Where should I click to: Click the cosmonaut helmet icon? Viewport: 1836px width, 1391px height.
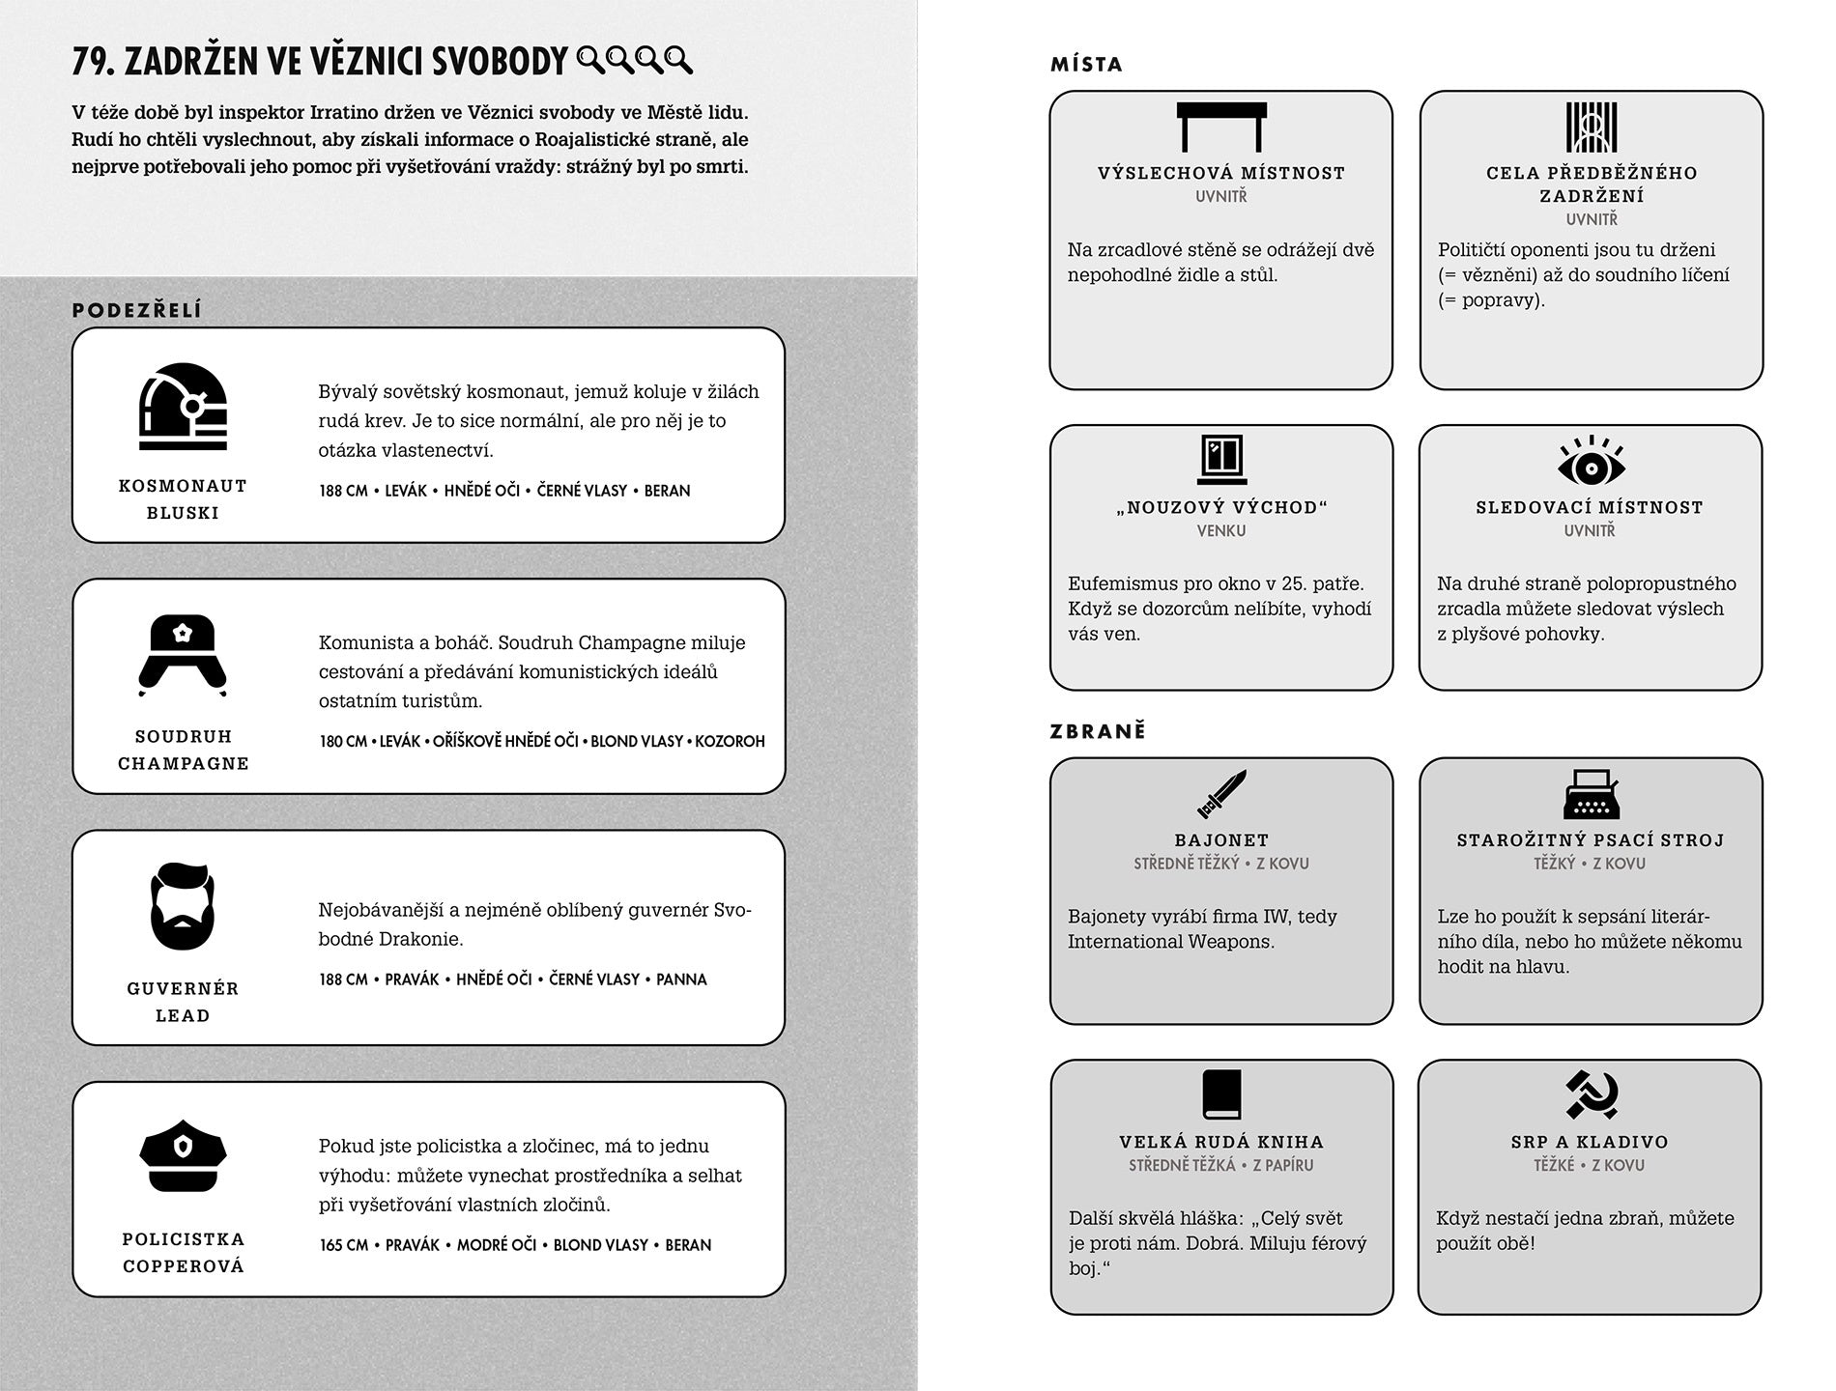click(183, 407)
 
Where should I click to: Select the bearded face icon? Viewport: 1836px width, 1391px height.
click(183, 906)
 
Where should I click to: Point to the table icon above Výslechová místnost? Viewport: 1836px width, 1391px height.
click(1221, 127)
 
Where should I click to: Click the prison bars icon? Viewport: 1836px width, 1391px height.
click(1591, 127)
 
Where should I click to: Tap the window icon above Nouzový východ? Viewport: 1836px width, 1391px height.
click(1221, 459)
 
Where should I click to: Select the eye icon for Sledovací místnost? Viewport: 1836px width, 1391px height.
click(1591, 462)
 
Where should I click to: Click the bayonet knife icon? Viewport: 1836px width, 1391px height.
click(1221, 794)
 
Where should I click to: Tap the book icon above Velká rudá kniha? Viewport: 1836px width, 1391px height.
click(1221, 1094)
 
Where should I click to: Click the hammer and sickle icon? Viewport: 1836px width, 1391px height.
click(1591, 1094)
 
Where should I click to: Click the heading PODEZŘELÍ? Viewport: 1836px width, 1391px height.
click(137, 310)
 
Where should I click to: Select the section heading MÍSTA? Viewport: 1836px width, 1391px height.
click(1087, 65)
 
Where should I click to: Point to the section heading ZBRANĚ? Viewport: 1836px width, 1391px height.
click(1098, 731)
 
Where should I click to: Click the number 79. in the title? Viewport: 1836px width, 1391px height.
click(94, 62)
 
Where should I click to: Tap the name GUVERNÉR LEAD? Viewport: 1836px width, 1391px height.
click(183, 1002)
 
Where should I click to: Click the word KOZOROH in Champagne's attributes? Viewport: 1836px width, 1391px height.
click(730, 742)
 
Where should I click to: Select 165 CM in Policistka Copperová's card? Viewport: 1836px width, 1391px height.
click(344, 1245)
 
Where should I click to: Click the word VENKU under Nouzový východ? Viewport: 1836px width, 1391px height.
click(1221, 530)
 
